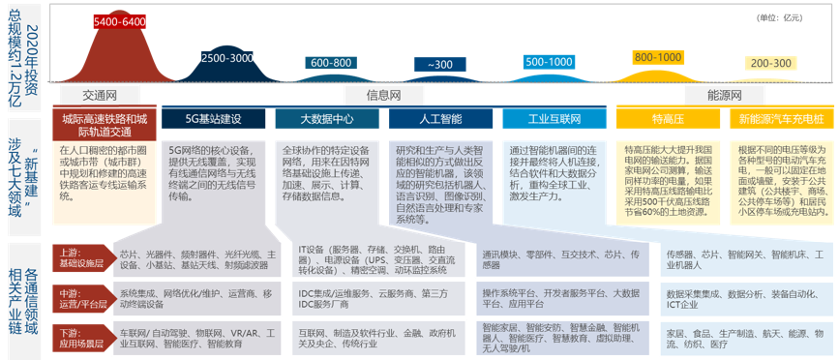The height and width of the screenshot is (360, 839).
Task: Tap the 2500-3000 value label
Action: click(227, 58)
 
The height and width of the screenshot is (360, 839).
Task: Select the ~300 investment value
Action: click(439, 65)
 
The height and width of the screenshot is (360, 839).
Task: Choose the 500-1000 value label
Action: click(548, 62)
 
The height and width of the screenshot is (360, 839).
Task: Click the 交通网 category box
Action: click(100, 95)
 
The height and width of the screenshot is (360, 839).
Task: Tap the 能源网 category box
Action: click(725, 95)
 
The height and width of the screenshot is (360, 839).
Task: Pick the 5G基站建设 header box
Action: click(213, 119)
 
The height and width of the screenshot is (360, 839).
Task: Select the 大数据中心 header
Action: click(326, 119)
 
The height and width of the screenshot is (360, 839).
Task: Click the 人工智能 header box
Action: click(440, 119)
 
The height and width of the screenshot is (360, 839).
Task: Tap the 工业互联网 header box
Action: click(554, 119)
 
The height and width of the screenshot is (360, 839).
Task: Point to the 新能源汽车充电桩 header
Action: click(781, 119)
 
